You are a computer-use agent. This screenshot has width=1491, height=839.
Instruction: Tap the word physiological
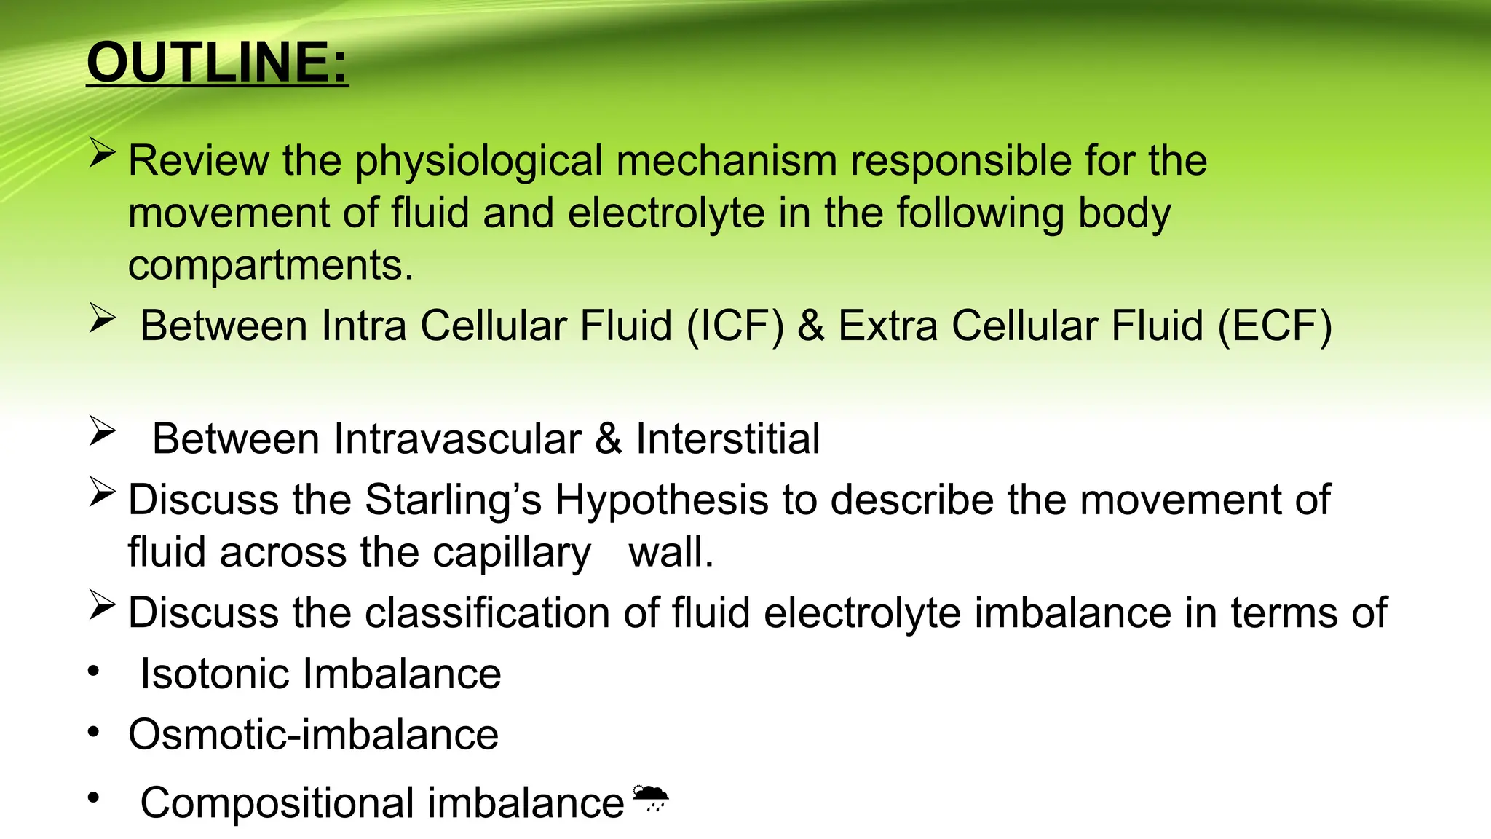coord(478,162)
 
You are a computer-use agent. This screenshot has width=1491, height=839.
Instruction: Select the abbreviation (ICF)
coord(735,326)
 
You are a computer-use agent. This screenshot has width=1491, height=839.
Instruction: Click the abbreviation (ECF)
coord(1275,326)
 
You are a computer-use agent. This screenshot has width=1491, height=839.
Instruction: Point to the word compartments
coord(270,266)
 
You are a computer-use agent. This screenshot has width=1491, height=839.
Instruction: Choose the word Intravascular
coord(457,439)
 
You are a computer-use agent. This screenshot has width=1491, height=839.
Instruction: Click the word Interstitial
coord(727,439)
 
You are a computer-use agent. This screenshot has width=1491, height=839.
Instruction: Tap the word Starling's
coord(453,500)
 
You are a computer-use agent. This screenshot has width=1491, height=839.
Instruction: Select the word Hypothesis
coord(662,502)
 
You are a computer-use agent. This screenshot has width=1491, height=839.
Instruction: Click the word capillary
coord(512,554)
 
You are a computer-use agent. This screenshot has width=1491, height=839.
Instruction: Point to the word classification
coord(487,612)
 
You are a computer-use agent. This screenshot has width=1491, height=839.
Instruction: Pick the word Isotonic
coord(214,674)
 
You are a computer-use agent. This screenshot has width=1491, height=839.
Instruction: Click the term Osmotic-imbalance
coord(313,734)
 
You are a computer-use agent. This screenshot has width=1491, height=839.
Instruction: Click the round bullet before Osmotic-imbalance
coord(93,732)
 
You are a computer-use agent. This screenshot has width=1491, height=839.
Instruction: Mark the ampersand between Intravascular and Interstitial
coord(609,439)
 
